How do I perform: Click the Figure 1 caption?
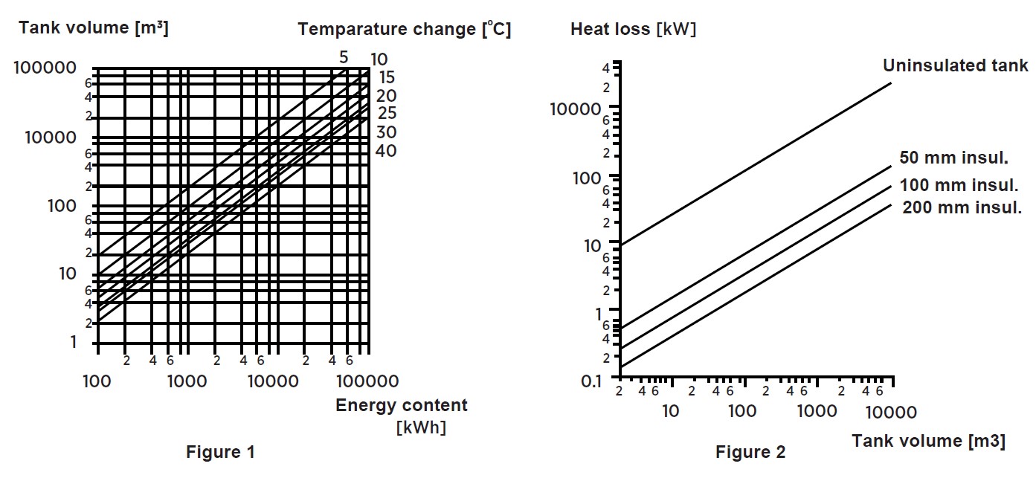[x=219, y=452]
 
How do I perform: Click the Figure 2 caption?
[x=750, y=452]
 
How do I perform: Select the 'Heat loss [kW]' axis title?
[x=633, y=29]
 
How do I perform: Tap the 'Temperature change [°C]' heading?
[x=404, y=29]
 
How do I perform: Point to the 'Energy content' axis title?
[x=402, y=405]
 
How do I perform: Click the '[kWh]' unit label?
[x=421, y=427]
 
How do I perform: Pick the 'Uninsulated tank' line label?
[x=955, y=65]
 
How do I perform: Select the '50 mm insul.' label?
[x=953, y=158]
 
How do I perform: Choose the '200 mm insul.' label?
[x=962, y=208]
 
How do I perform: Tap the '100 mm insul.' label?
[x=959, y=185]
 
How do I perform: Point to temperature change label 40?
[x=385, y=151]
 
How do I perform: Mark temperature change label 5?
[x=344, y=57]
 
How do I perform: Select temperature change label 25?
[x=387, y=114]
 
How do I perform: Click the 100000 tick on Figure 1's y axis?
[x=45, y=68]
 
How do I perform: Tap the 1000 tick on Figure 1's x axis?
[x=187, y=381]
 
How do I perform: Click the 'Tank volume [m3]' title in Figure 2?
[x=927, y=441]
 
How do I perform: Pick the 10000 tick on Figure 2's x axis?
[x=891, y=412]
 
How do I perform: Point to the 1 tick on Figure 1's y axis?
[x=73, y=342]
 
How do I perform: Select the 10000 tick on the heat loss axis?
[x=575, y=110]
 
